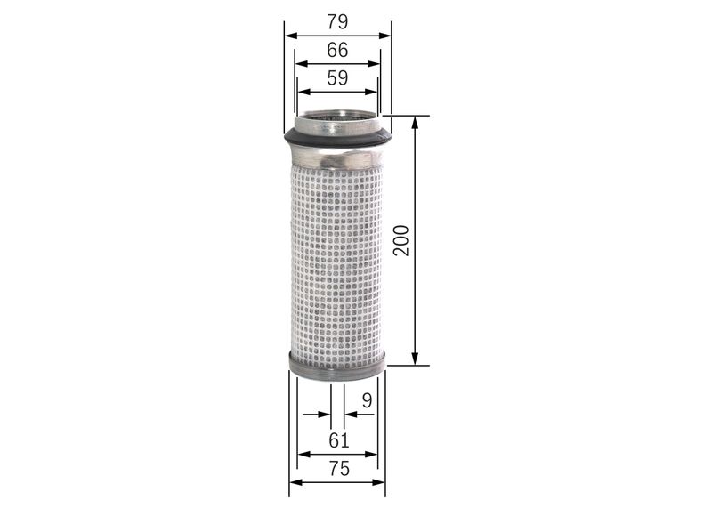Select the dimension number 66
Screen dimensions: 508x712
[x=337, y=50]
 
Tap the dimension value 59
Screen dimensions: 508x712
[x=337, y=78]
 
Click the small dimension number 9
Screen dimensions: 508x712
[x=366, y=401]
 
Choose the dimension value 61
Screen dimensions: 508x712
[x=338, y=439]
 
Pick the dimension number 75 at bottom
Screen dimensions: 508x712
[x=338, y=469]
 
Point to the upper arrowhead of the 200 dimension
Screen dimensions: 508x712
[x=415, y=122]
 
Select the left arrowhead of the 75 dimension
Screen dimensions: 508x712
[x=295, y=483]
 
